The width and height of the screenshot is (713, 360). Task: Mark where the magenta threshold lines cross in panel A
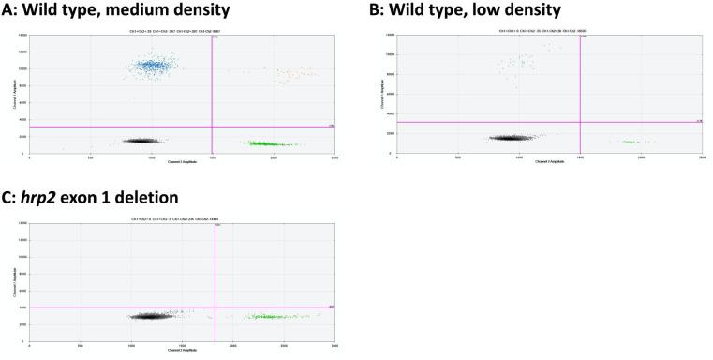pos(213,127)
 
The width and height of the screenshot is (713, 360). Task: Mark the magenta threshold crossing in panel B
pos(581,122)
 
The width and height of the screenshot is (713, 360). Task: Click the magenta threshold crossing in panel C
pos(215,307)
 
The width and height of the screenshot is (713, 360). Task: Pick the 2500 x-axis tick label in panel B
pos(702,157)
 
